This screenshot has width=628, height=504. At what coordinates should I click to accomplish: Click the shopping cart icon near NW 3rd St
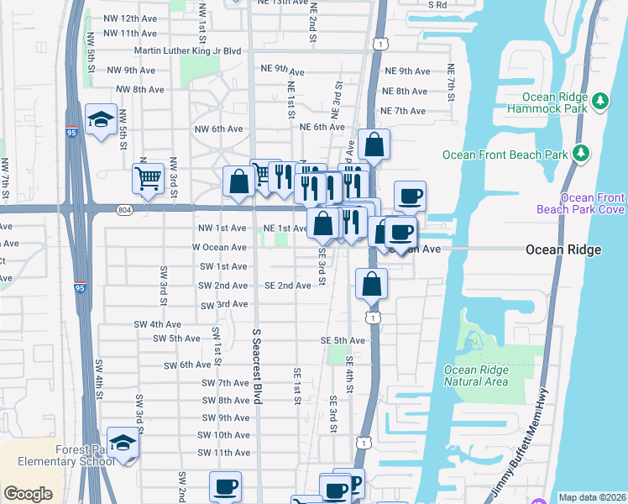point(148,178)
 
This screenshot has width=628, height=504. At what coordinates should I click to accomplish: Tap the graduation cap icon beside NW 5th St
point(101,120)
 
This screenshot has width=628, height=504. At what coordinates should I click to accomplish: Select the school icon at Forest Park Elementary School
point(123,444)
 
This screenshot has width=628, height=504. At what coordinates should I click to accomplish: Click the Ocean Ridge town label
point(563,250)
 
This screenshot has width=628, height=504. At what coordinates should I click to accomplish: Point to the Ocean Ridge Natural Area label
point(476,375)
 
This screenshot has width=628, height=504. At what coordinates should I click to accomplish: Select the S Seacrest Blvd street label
point(258,366)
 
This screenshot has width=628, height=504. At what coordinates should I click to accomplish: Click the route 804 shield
point(124,208)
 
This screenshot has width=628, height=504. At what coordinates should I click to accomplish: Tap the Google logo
point(28,494)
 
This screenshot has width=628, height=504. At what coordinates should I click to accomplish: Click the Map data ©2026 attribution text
point(591,497)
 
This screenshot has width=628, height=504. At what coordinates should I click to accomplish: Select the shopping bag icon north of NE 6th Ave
point(374,144)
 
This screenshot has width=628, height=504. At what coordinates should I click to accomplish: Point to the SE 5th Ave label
point(343,340)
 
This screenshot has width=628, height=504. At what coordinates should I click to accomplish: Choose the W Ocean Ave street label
point(219,248)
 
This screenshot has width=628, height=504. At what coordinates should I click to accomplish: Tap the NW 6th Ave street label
point(218,129)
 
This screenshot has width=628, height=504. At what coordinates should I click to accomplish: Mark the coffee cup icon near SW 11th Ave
point(224,486)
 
